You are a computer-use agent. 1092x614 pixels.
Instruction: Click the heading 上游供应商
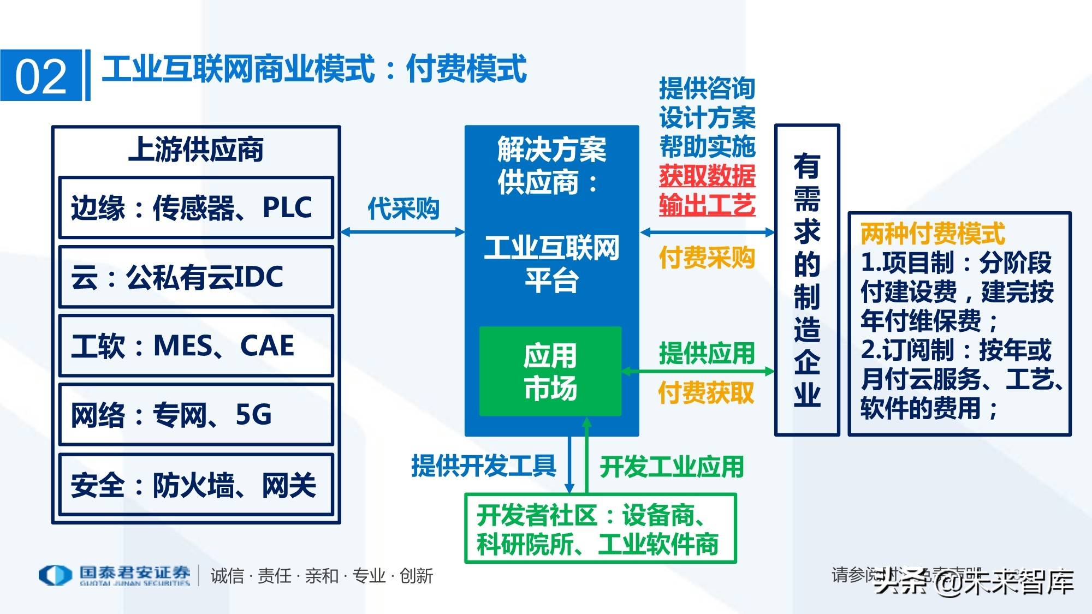click(x=195, y=150)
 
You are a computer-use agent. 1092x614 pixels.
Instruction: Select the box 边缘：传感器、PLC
click(x=195, y=207)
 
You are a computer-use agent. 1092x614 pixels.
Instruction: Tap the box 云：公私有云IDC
click(x=195, y=277)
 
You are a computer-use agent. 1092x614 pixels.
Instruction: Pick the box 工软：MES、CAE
click(x=195, y=345)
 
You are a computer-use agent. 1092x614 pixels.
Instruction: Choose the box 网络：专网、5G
click(x=195, y=415)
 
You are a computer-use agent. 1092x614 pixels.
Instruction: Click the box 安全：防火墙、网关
click(x=195, y=484)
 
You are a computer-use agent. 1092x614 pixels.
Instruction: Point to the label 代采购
click(x=403, y=208)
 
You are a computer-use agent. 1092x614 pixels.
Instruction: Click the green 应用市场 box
click(x=550, y=371)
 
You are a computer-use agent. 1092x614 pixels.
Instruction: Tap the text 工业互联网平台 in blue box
click(x=551, y=264)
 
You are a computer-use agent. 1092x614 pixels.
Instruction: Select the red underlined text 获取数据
click(x=707, y=176)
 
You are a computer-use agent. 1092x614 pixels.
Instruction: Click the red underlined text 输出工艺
click(x=707, y=205)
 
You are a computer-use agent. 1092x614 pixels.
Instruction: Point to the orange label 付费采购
click(x=707, y=258)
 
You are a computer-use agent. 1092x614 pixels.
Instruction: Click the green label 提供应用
click(x=707, y=353)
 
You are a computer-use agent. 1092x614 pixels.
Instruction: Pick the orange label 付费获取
click(x=707, y=392)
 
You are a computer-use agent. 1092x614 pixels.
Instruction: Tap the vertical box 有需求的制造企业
click(x=807, y=279)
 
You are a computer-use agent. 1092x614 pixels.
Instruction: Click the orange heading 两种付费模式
click(x=933, y=234)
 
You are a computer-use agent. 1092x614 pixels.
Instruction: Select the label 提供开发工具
click(x=484, y=466)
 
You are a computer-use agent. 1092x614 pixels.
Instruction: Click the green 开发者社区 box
click(x=600, y=528)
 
